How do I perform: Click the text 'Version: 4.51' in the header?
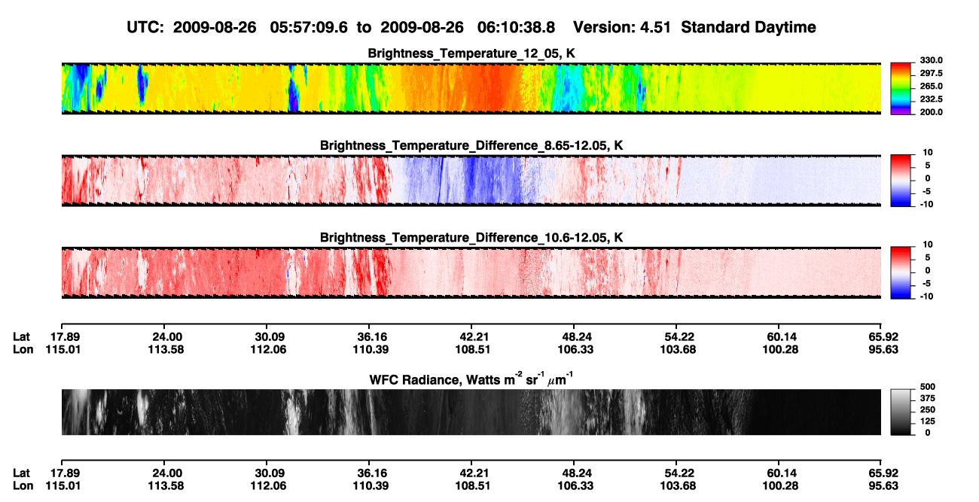pyautogui.click(x=621, y=27)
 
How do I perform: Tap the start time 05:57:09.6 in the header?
pyautogui.click(x=309, y=27)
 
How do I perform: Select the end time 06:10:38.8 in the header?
pyautogui.click(x=516, y=27)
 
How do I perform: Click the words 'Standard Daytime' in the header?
pyautogui.click(x=749, y=27)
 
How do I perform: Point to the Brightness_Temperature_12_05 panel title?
pyautogui.click(x=471, y=53)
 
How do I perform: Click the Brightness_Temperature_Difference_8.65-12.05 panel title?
pyautogui.click(x=471, y=145)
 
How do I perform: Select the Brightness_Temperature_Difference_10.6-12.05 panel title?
pyautogui.click(x=471, y=238)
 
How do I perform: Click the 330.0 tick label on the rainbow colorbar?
pyautogui.click(x=931, y=60)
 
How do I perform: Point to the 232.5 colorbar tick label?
pyautogui.click(x=931, y=99)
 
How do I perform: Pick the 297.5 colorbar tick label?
pyautogui.click(x=931, y=73)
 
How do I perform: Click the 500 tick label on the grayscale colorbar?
pyautogui.click(x=928, y=387)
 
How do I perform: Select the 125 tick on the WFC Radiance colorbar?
pyautogui.click(x=928, y=421)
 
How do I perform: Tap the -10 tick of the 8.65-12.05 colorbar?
pyautogui.click(x=926, y=205)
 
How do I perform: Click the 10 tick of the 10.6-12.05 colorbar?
pyautogui.click(x=928, y=245)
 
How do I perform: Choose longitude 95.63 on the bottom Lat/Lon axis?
pyautogui.click(x=883, y=486)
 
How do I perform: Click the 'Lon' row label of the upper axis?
pyautogui.click(x=23, y=349)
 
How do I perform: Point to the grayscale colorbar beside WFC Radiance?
pyautogui.click(x=901, y=412)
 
